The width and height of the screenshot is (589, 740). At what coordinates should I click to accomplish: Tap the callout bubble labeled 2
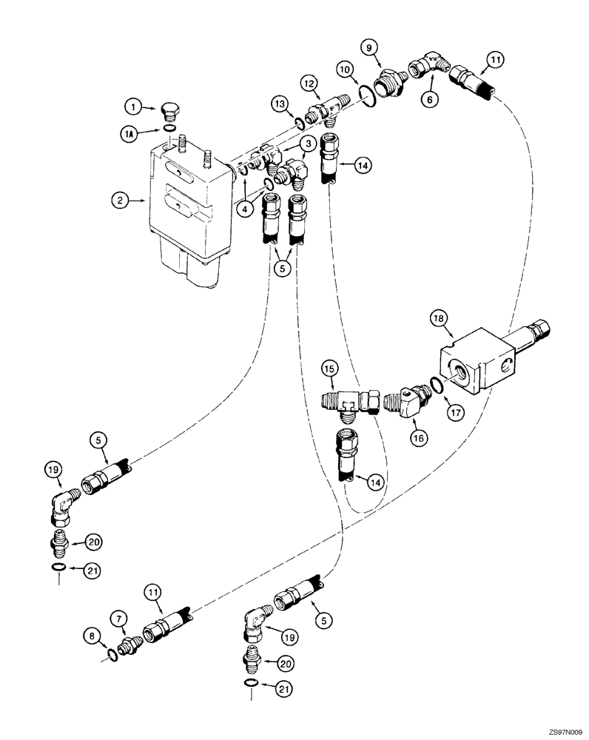pyautogui.click(x=118, y=198)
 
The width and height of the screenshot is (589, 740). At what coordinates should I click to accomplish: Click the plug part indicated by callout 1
pyautogui.click(x=170, y=113)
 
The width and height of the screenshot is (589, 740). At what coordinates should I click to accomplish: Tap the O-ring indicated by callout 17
pyautogui.click(x=437, y=386)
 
